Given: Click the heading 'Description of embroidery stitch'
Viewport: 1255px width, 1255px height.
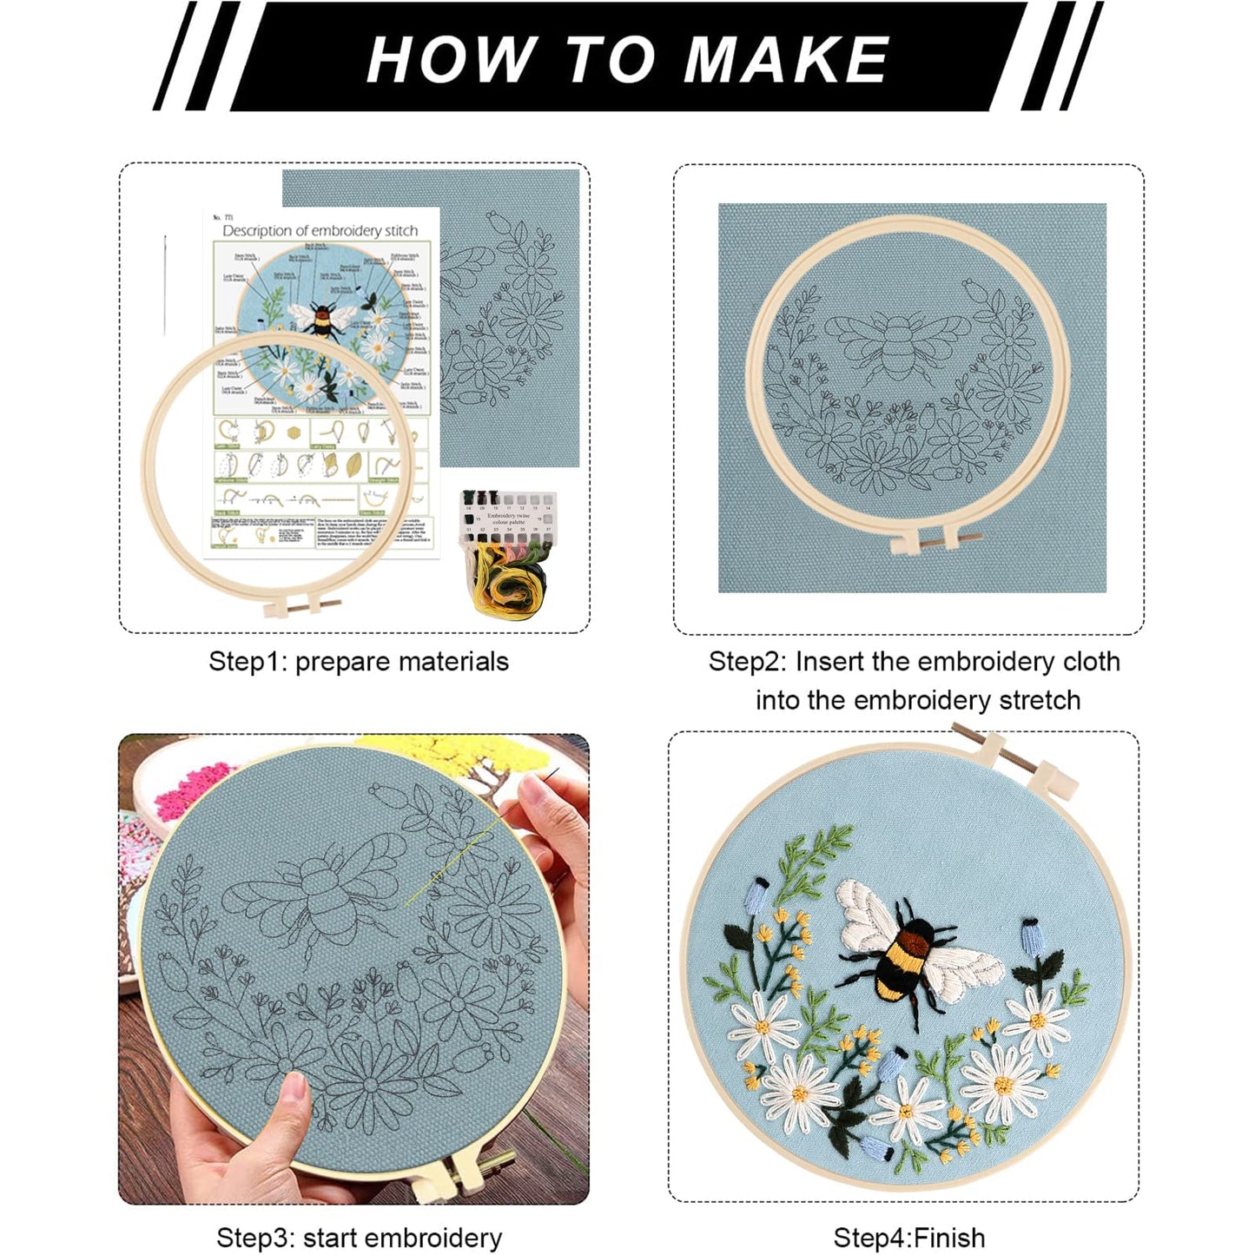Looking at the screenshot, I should click(320, 230).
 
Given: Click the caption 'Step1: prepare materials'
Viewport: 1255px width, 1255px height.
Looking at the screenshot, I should click(358, 662).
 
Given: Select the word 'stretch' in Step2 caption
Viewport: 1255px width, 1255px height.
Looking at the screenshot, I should click(1040, 700).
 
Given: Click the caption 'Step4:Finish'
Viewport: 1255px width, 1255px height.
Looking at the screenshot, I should click(908, 1237).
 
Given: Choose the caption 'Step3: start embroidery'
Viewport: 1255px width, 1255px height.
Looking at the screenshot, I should click(359, 1237).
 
